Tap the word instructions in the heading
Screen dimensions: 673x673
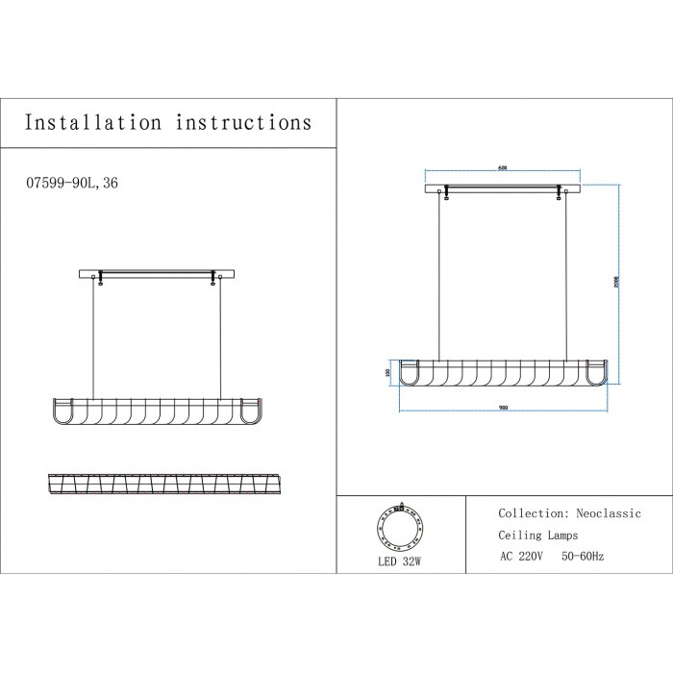pyautogui.click(x=243, y=122)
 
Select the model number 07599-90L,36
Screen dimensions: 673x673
pyautogui.click(x=74, y=183)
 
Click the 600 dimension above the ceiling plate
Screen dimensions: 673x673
pyautogui.click(x=502, y=168)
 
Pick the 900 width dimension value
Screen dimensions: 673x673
pyautogui.click(x=503, y=408)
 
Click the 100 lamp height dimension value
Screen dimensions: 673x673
pyautogui.click(x=387, y=372)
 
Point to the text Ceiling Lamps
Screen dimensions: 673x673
pyautogui.click(x=538, y=536)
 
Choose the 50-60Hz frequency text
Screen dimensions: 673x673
pyautogui.click(x=584, y=557)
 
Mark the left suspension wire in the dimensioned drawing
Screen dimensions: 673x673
pyautogui.click(x=440, y=279)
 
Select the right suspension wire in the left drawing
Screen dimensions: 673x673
pyautogui.click(x=221, y=336)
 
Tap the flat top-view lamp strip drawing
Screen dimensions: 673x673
pyautogui.click(x=158, y=484)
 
